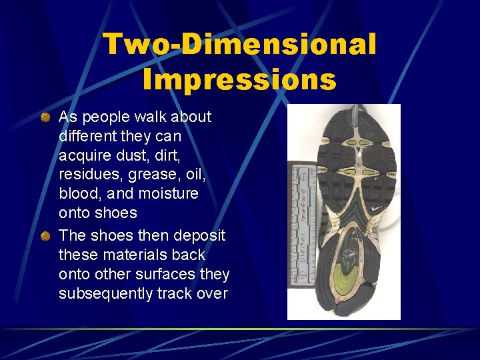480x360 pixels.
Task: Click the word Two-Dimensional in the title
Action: point(239,45)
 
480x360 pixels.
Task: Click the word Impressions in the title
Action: point(239,79)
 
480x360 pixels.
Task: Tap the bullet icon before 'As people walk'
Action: point(45,117)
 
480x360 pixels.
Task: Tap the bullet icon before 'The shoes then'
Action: point(45,236)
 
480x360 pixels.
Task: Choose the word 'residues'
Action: point(87,175)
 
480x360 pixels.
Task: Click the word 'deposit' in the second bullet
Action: point(200,236)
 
